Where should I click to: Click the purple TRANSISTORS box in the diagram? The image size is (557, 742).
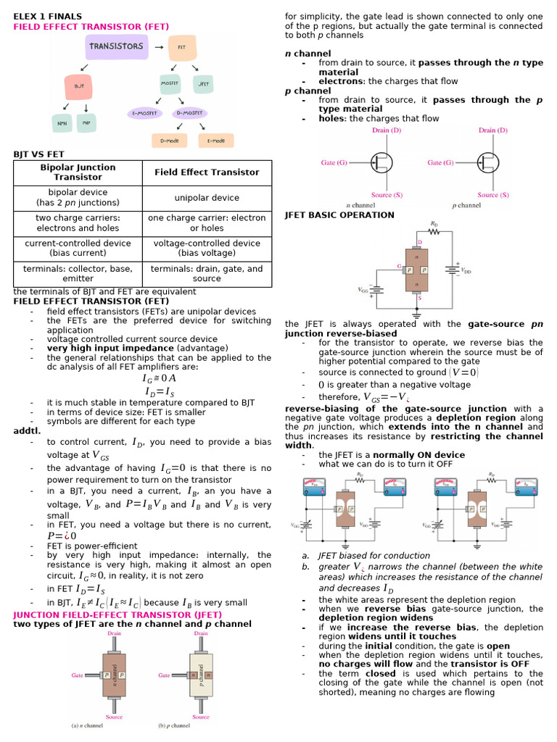point(116,46)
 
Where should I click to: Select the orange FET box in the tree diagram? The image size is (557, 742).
point(179,47)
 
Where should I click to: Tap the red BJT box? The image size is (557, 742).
point(80,86)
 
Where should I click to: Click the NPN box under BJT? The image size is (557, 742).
point(62,122)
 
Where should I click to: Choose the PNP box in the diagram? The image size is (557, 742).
point(96,122)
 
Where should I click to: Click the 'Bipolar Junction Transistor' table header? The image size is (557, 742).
point(78,172)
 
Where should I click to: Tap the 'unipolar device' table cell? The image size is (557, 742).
point(207,198)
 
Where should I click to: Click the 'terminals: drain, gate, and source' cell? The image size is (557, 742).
point(207,273)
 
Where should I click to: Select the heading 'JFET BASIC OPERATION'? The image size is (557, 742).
point(339,214)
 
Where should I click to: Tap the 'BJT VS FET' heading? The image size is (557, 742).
point(39,154)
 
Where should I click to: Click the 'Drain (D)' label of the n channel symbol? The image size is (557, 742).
point(387,130)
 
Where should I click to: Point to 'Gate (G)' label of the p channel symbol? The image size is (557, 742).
point(440,163)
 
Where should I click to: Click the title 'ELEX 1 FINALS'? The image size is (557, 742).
point(48,16)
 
